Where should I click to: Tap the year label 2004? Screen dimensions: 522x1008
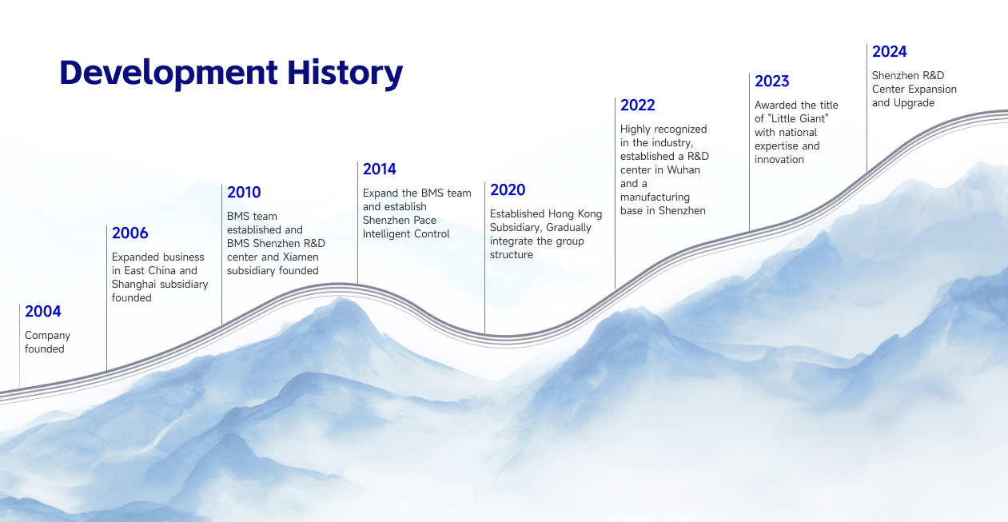42,312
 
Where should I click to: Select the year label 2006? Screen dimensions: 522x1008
129,233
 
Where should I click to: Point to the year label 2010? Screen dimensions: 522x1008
244,193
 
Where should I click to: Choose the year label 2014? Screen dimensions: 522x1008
379,169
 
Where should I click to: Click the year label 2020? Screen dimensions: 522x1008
508,190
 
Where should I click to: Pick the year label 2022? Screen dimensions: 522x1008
637,106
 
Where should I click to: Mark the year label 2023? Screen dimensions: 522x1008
771,82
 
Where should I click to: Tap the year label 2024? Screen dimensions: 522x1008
889,52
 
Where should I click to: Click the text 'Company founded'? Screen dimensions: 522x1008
47,342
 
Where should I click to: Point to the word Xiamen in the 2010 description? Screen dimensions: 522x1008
301,257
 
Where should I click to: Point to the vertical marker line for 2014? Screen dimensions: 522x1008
357,224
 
